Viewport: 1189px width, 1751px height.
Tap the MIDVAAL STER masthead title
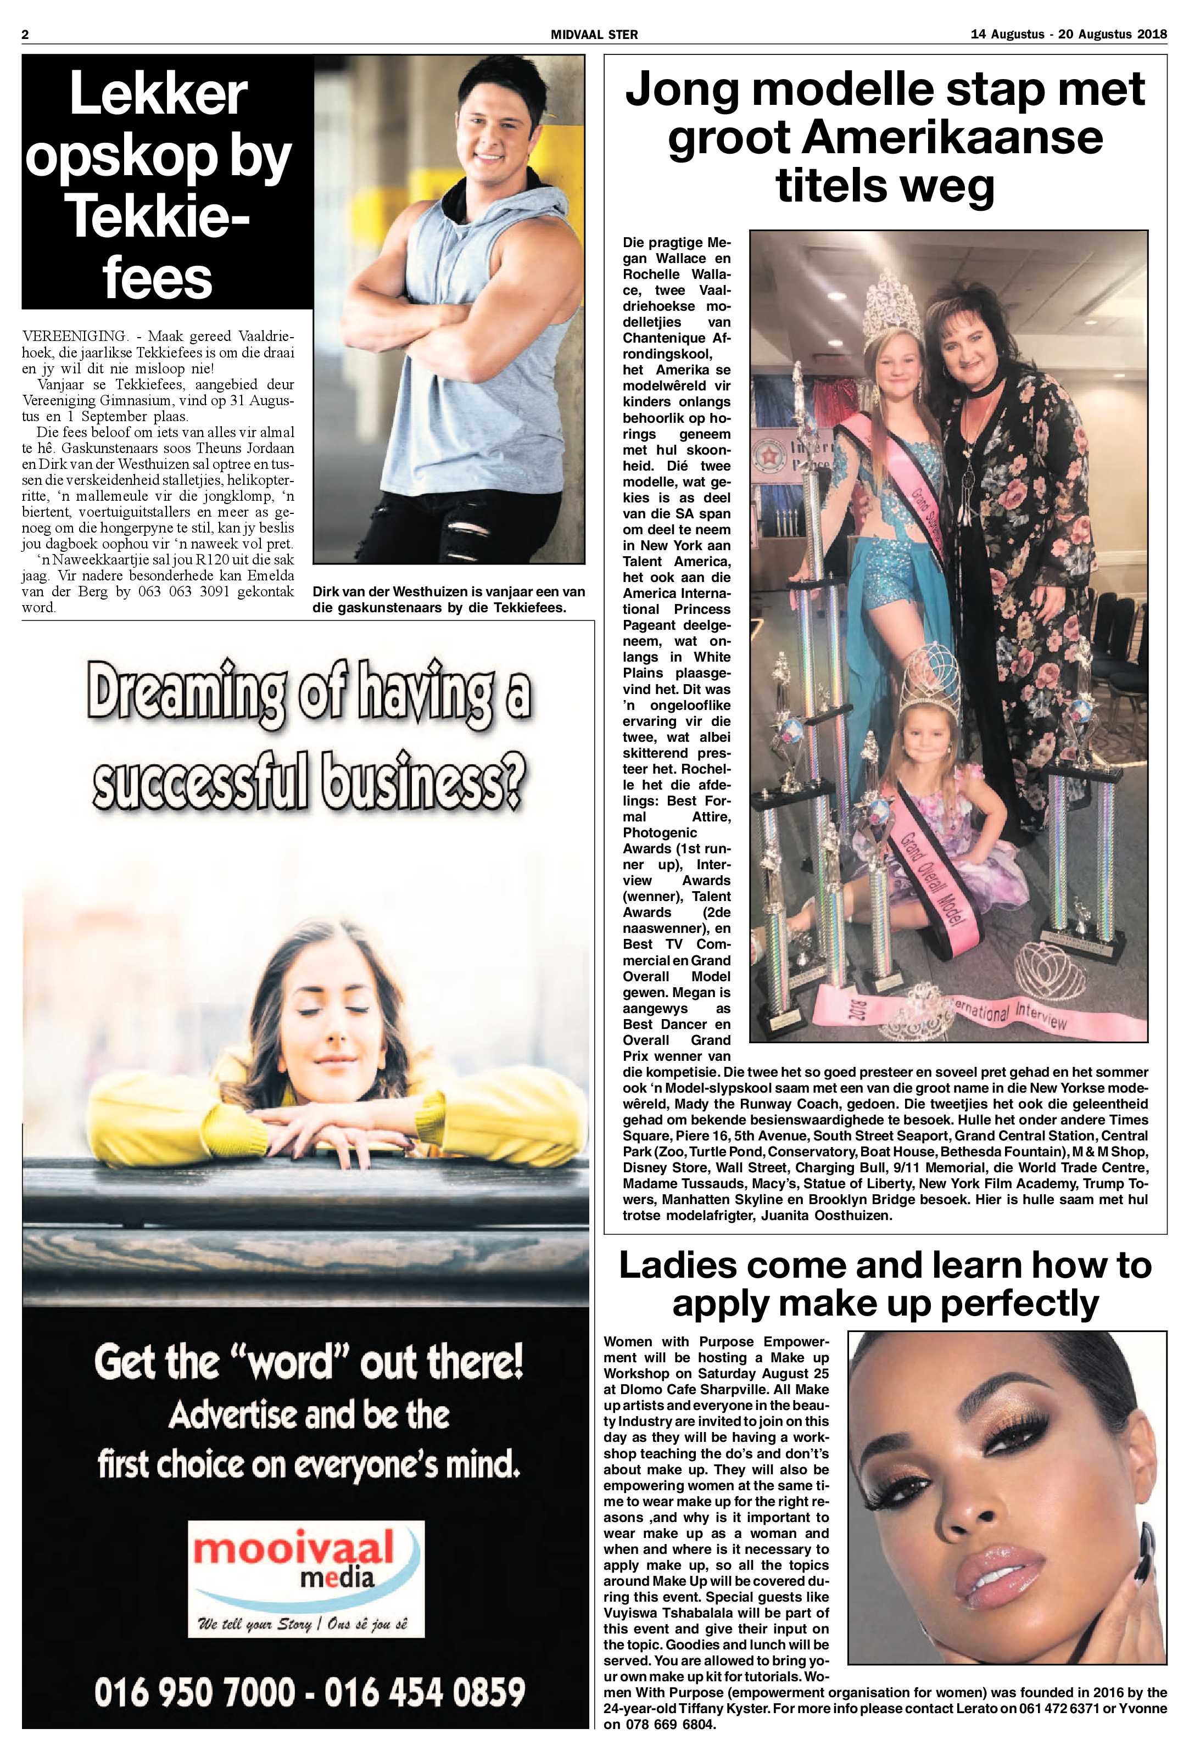tap(594, 35)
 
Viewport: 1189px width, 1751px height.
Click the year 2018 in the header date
tap(1151, 35)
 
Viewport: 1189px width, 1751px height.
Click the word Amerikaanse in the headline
tap(885, 140)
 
